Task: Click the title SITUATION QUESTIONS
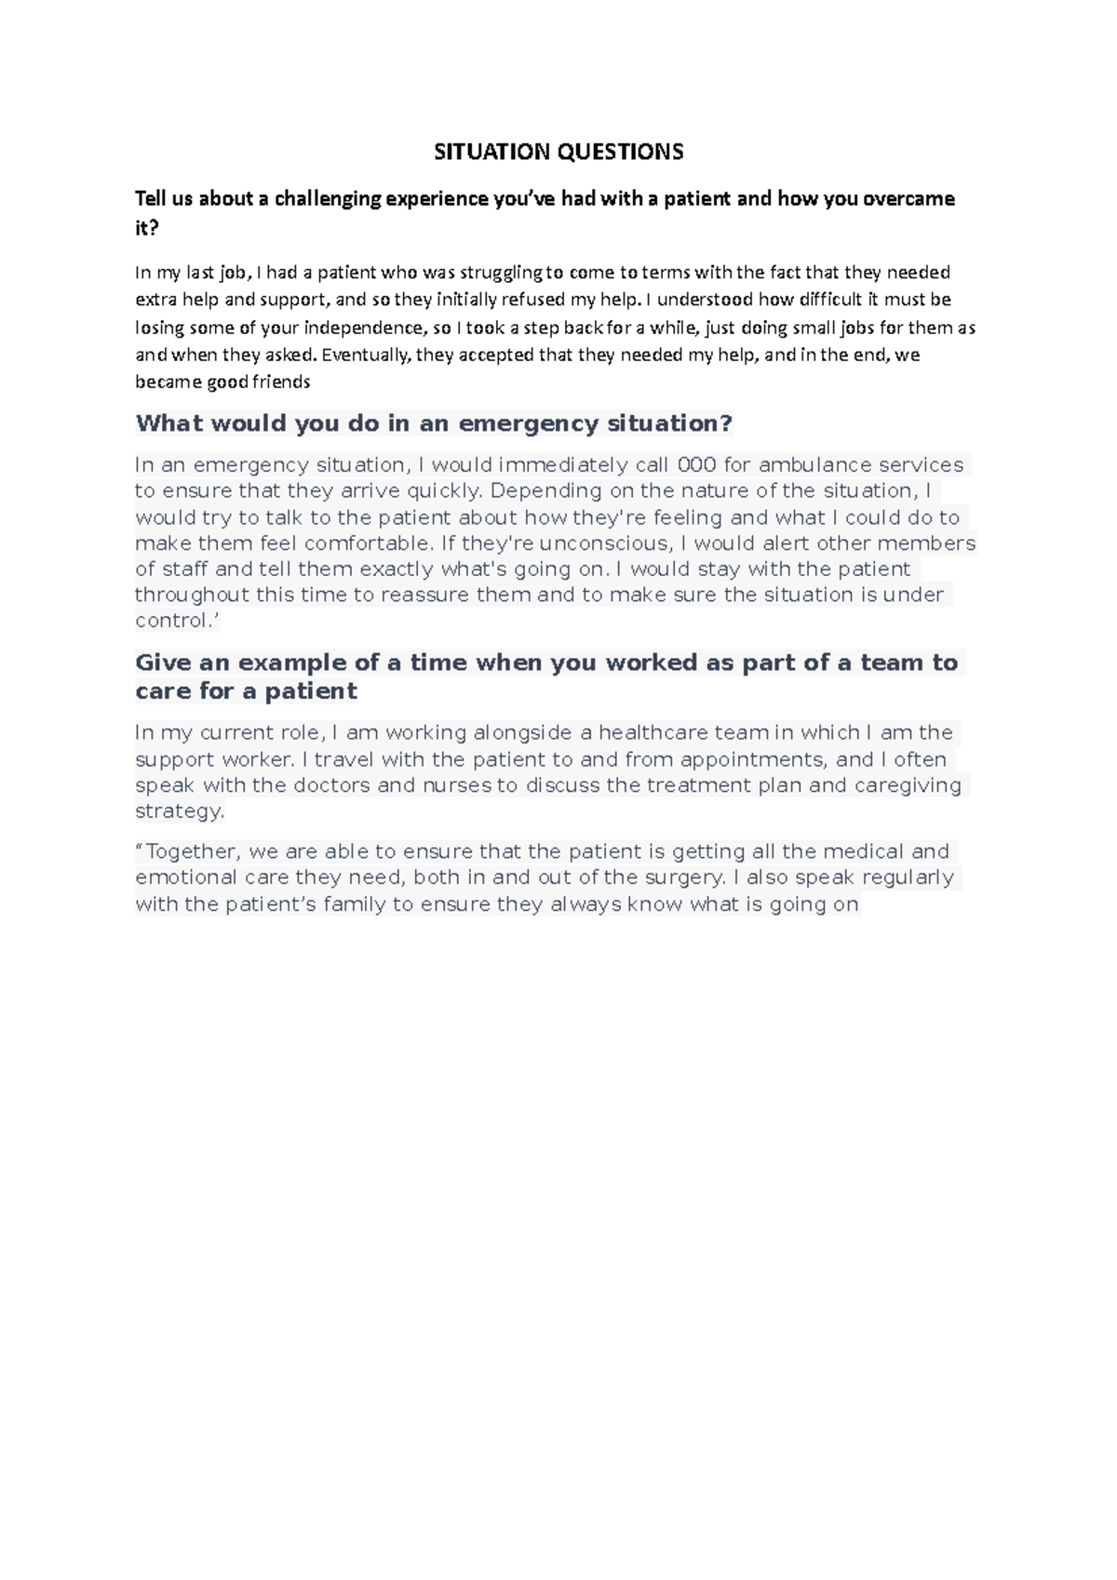click(558, 152)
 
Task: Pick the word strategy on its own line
click(179, 811)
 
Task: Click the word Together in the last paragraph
click(193, 851)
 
